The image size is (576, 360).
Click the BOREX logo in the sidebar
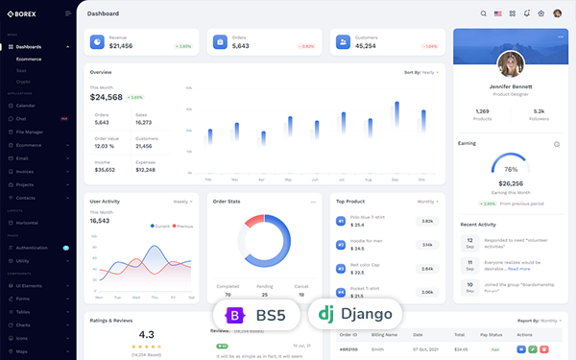pos(27,13)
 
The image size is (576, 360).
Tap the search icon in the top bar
pos(483,13)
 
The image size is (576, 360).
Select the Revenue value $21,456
pos(121,46)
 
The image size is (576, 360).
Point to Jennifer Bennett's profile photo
pos(510,64)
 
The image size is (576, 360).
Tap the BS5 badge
pos(257,315)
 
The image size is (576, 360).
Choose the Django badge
pos(355,315)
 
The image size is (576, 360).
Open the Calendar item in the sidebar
pos(26,105)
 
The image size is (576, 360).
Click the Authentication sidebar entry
pos(34,248)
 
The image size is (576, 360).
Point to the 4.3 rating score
pos(147,335)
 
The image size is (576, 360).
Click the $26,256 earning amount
pos(511,183)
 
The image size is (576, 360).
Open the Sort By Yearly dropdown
pos(421,72)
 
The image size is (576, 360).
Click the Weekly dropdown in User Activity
pos(182,202)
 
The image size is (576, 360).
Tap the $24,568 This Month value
pos(107,97)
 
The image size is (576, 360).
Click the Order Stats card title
pos(228,202)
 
